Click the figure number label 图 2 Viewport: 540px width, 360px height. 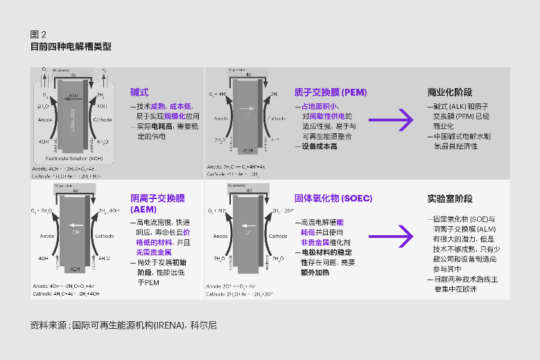38,34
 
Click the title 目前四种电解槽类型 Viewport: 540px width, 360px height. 71,46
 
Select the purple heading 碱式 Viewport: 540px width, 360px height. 139,92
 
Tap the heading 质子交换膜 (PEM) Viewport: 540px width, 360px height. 330,92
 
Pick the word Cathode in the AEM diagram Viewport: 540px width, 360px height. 104,236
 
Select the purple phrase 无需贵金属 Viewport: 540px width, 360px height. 148,253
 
